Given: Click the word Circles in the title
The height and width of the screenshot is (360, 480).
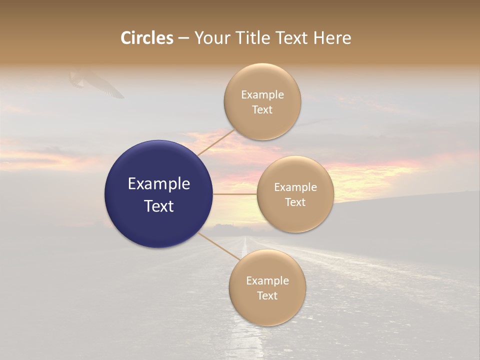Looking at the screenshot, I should tap(147, 38).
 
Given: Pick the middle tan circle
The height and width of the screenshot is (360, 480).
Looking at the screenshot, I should tap(295, 217).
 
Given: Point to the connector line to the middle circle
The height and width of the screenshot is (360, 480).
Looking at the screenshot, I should tap(235, 194).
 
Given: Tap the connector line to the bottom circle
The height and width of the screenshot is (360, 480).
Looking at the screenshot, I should tap(218, 246).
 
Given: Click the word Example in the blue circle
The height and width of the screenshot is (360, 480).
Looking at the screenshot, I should tap(159, 184).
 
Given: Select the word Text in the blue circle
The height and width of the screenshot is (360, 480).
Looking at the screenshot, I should tap(159, 206).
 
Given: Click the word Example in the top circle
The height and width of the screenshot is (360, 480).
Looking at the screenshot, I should tap(262, 95).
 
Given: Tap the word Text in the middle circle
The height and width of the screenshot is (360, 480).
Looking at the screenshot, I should tap(295, 202).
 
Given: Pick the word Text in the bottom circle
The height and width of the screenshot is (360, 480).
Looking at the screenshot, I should tap(267, 296).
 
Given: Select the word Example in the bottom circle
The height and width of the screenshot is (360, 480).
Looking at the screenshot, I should tap(267, 281).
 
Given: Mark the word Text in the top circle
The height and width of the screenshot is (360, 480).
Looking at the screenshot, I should tap(262, 110).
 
